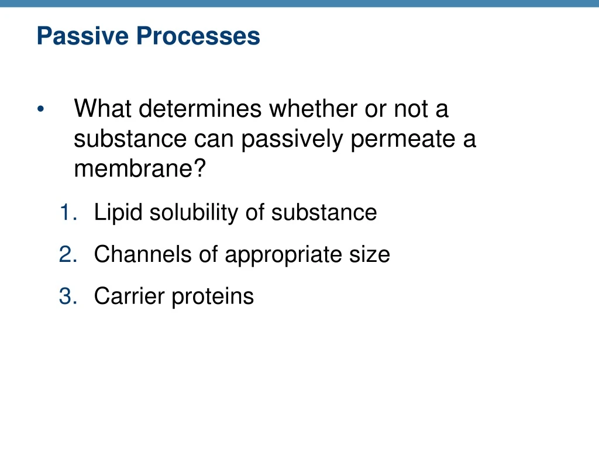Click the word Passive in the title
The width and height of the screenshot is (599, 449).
point(83,36)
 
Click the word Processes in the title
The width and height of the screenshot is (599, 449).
point(198,36)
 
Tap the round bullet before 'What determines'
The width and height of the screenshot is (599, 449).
point(40,110)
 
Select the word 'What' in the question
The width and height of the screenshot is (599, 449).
point(102,109)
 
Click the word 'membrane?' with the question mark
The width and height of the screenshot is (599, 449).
point(140,170)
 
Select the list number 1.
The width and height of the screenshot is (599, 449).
point(67,212)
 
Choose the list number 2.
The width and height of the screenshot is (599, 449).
point(67,254)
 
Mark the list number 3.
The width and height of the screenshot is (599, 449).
point(67,296)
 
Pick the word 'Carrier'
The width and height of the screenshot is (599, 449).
point(129,296)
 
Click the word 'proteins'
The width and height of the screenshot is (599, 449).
point(213,296)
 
